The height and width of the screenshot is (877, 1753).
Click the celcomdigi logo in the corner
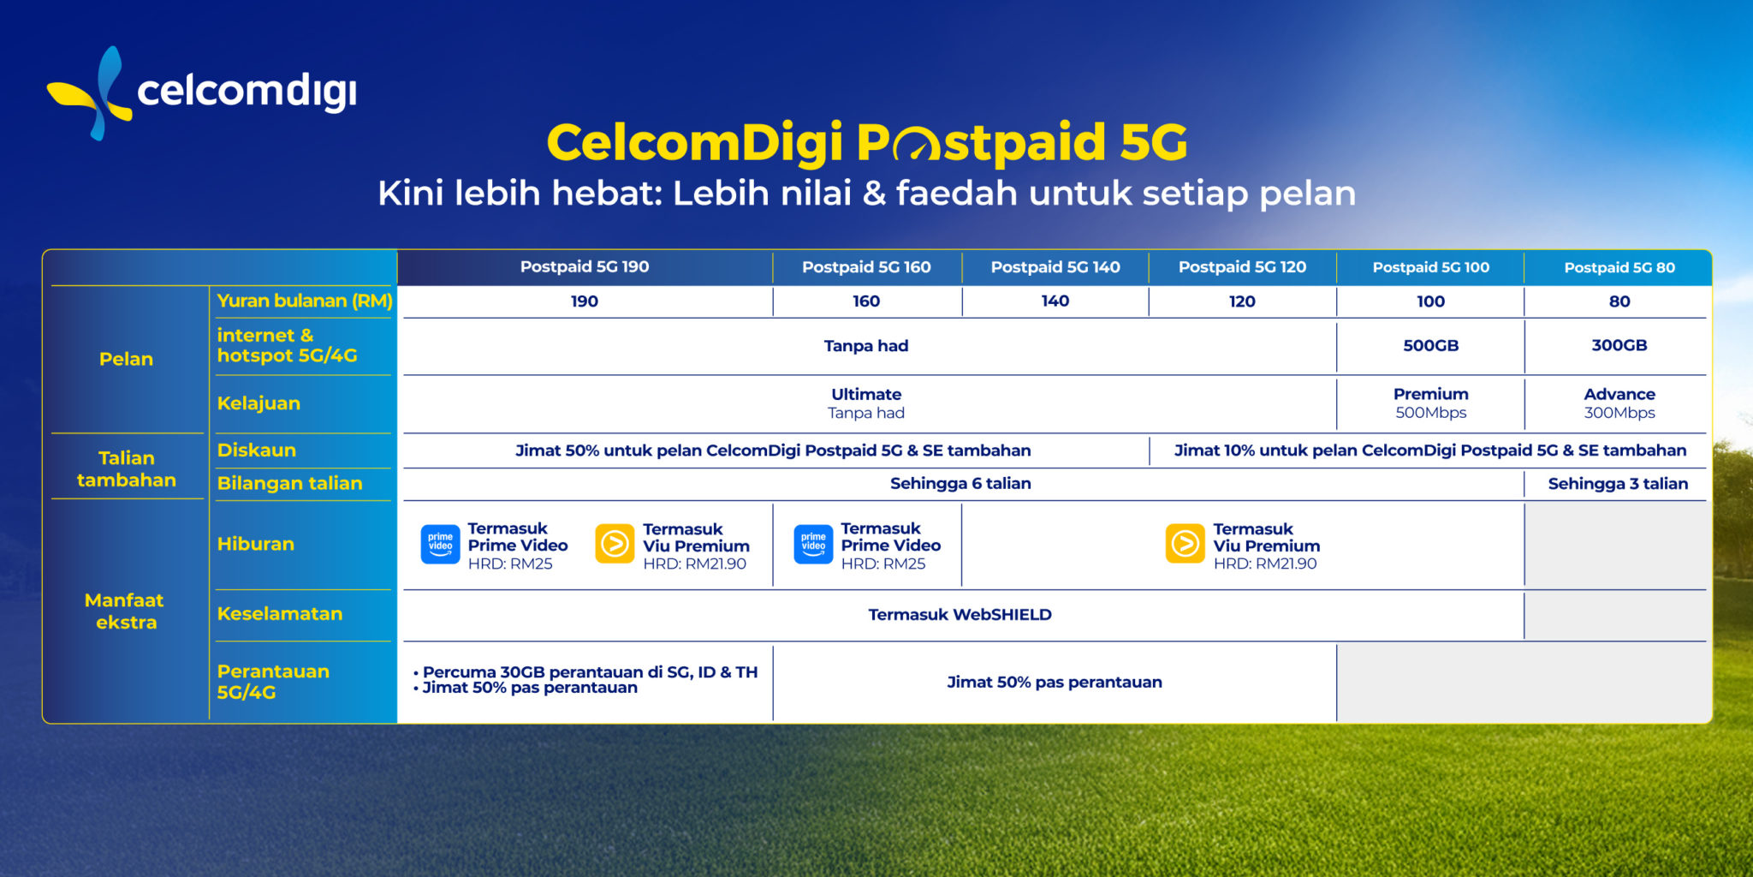[202, 92]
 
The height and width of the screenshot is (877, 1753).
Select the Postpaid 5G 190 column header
[585, 267]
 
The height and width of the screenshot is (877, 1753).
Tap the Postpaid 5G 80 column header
[1619, 267]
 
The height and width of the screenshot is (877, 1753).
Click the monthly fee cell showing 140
[1055, 301]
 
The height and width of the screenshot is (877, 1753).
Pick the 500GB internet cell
[1430, 346]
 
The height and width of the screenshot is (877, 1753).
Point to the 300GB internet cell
[1619, 346]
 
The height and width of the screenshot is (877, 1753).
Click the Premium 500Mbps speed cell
[1430, 403]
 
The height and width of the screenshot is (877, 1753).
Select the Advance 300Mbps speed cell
[1619, 403]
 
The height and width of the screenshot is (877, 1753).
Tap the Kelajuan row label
[258, 403]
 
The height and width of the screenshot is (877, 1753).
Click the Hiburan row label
[255, 544]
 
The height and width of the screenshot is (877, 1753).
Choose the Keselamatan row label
[279, 614]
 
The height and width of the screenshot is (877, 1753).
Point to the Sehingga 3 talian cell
[1618, 484]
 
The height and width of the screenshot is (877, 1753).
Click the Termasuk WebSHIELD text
[960, 615]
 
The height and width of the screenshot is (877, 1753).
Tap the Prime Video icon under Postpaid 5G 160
[813, 545]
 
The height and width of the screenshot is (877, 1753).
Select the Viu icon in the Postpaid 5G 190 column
[615, 545]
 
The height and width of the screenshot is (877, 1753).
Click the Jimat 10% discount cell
[1430, 450]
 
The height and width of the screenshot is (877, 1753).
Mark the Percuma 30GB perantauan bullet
[585, 672]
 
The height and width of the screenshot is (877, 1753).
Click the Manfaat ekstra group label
[125, 612]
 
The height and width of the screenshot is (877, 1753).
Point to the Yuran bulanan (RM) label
[305, 301]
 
